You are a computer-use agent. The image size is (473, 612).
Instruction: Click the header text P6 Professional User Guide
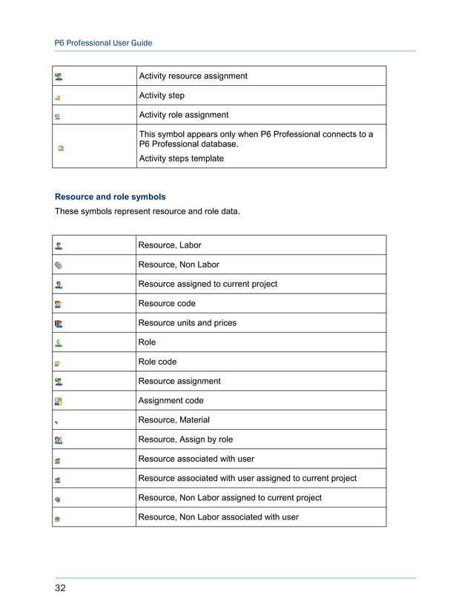(104, 43)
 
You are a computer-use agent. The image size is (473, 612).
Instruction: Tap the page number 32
(60, 588)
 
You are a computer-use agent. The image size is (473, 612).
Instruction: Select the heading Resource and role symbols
(110, 197)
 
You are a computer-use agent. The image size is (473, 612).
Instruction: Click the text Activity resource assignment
(193, 76)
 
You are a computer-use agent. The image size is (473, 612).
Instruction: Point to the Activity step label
(162, 96)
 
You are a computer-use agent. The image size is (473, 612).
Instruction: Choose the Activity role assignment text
(183, 115)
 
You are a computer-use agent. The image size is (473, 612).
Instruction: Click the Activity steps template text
(181, 158)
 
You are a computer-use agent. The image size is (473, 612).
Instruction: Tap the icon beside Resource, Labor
(59, 245)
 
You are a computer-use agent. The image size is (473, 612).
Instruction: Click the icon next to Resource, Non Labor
(59, 265)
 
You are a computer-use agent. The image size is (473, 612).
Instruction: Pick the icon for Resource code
(59, 304)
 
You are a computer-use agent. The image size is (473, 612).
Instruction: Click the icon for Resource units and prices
(59, 323)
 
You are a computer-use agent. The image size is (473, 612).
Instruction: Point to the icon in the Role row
(59, 343)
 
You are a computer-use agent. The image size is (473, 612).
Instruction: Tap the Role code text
(157, 362)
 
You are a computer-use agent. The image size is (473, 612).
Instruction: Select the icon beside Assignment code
(59, 401)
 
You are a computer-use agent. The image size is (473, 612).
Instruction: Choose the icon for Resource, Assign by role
(59, 440)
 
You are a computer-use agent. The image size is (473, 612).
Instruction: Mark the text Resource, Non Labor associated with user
(218, 517)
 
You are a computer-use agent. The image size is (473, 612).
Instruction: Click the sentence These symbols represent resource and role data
(148, 213)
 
